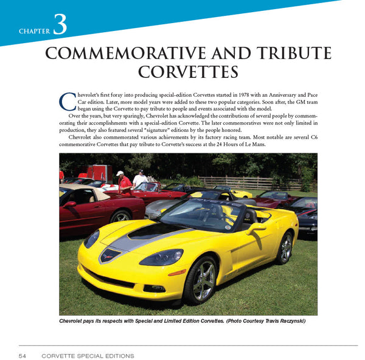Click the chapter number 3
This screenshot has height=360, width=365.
(60, 24)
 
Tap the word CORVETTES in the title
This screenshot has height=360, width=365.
(188, 72)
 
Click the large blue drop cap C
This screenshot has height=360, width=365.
(68, 100)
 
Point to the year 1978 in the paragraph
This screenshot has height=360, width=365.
(244, 95)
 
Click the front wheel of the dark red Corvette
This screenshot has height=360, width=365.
(120, 217)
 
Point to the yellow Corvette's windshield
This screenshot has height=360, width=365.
(201, 215)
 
